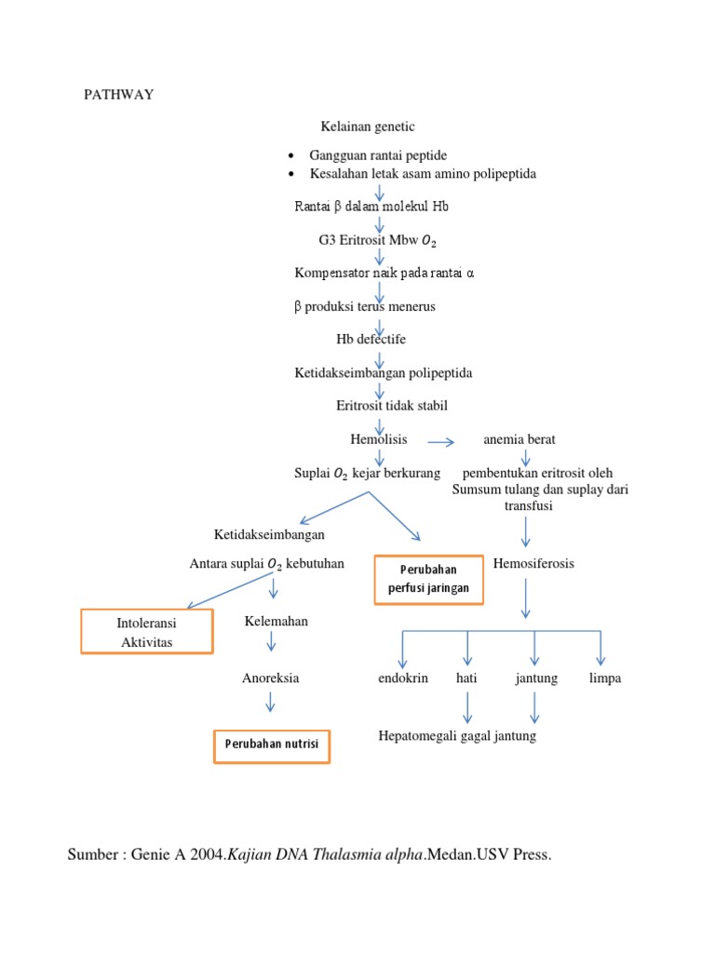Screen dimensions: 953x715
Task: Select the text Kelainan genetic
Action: click(368, 127)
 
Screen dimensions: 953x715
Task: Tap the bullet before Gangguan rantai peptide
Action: click(292, 155)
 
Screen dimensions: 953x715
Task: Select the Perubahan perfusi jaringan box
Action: click(428, 580)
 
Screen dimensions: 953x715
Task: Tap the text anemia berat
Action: click(519, 439)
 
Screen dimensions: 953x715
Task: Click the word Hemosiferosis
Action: click(533, 563)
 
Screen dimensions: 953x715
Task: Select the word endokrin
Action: click(403, 678)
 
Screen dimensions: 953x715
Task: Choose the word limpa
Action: click(604, 678)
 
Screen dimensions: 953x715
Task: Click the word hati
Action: click(466, 678)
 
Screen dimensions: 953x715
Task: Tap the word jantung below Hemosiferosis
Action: click(536, 678)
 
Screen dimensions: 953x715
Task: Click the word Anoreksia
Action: click(270, 678)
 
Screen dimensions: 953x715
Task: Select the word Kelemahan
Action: click(276, 621)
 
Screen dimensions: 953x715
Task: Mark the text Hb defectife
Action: click(371, 339)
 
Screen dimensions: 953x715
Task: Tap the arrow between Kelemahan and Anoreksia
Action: click(271, 641)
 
